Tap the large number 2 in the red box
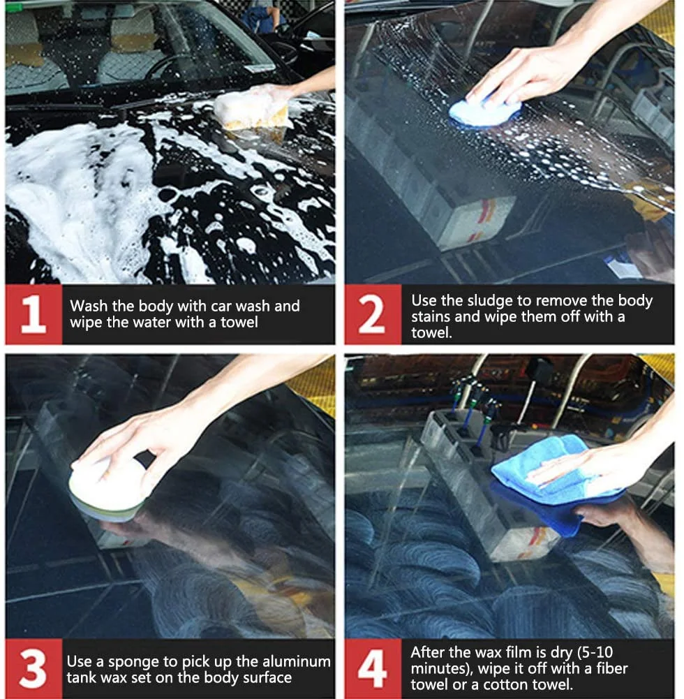pos(371,314)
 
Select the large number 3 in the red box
pos(33,668)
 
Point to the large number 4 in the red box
pos(372,668)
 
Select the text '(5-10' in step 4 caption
pos(595,653)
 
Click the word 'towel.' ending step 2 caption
pos(431,332)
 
